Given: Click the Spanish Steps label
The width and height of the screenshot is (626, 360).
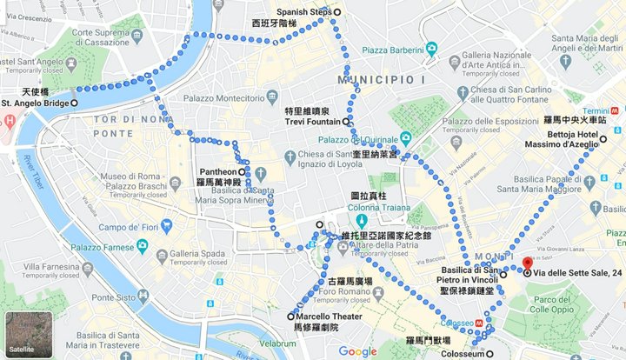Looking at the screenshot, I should pyautogui.click(x=304, y=11).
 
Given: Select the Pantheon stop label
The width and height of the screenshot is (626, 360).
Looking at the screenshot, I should pyautogui.click(x=217, y=172).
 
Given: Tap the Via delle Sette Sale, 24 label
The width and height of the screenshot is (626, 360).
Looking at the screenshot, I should pyautogui.click(x=578, y=273).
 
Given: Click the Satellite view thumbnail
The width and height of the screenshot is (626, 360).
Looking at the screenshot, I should pyautogui.click(x=23, y=331).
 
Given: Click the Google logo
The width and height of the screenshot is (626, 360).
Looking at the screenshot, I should pyautogui.click(x=357, y=350).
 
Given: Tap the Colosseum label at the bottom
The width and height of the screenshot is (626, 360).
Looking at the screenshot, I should pyautogui.click(x=459, y=354).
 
